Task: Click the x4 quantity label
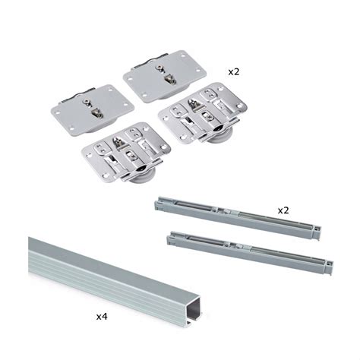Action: [x=102, y=317]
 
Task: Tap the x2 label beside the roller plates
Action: [x=234, y=72]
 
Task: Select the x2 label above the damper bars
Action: [x=283, y=210]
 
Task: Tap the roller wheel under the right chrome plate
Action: [x=220, y=133]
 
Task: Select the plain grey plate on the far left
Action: [x=92, y=110]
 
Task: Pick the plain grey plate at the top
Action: [x=165, y=76]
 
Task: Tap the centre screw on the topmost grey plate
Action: [x=159, y=68]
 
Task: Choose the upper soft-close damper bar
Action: [x=238, y=218]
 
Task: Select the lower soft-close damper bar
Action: [x=250, y=253]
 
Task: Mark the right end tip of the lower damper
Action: [x=331, y=268]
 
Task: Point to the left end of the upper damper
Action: [x=157, y=204]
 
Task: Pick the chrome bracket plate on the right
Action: [x=203, y=112]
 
